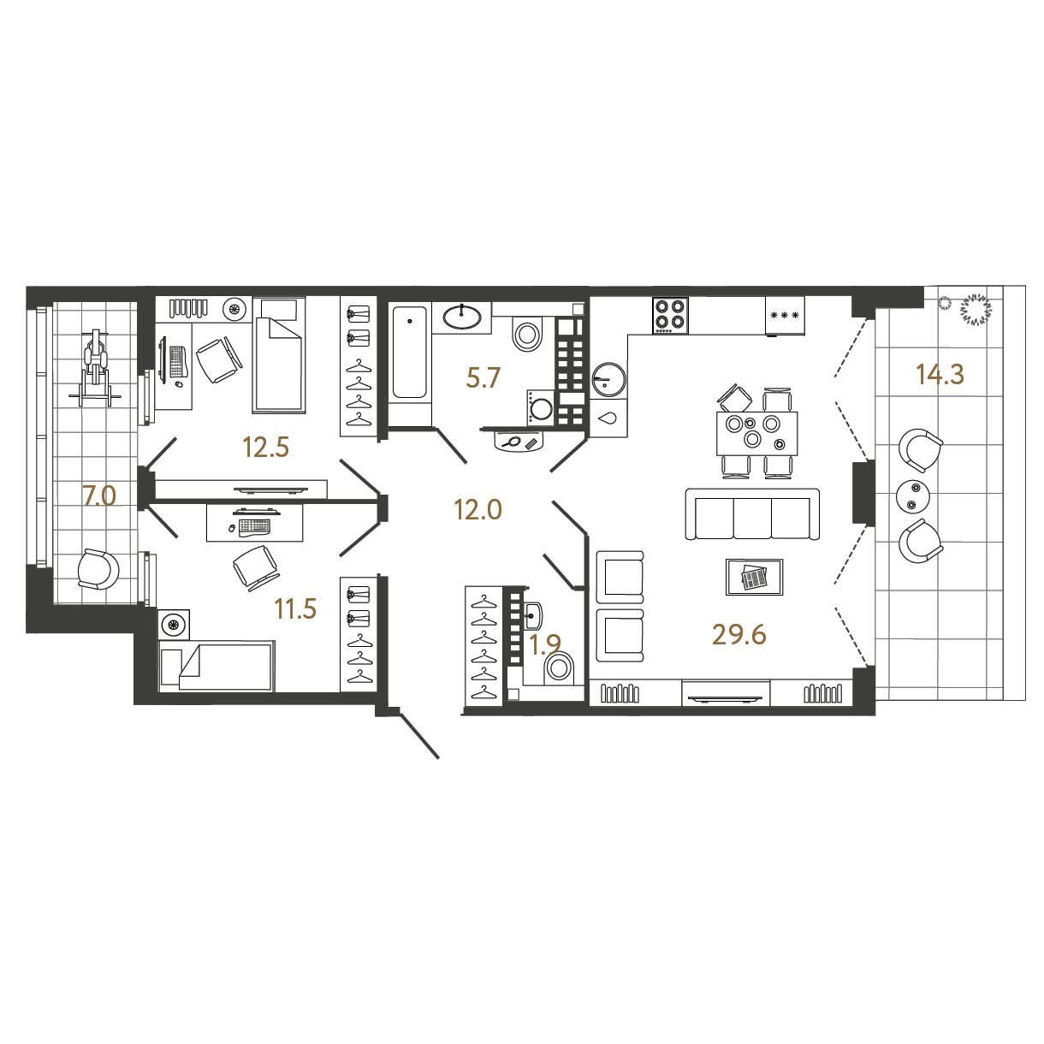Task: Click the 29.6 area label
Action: pos(739,634)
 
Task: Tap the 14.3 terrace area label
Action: pos(940,374)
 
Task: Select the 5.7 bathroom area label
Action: pos(483,377)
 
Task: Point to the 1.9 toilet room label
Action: pos(544,644)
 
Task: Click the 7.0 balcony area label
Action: pos(99,495)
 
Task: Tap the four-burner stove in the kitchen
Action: pos(670,315)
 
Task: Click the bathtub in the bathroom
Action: pos(410,353)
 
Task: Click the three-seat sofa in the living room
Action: pos(752,514)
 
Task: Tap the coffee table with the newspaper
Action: pos(754,577)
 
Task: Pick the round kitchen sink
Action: pos(609,380)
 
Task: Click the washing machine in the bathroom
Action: pos(541,406)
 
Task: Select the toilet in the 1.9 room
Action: pos(559,668)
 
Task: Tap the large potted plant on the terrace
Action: pos(976,310)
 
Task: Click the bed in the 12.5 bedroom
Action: pos(278,353)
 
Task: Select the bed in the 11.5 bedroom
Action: pos(217,666)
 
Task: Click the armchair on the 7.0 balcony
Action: pos(98,569)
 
